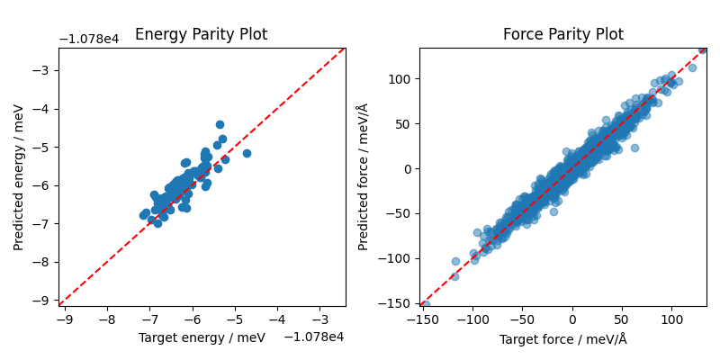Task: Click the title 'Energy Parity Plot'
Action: (x=201, y=35)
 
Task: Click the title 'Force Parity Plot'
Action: (x=562, y=35)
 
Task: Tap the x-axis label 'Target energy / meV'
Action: (x=202, y=337)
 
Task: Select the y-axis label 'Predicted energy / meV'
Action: (x=19, y=176)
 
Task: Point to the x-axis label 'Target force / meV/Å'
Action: (x=562, y=339)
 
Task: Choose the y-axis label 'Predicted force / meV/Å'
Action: (x=363, y=176)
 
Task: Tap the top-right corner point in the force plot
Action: (x=703, y=49)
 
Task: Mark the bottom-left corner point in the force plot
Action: (x=425, y=304)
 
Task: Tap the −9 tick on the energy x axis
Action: (x=64, y=319)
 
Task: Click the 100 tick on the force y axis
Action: (x=401, y=79)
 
